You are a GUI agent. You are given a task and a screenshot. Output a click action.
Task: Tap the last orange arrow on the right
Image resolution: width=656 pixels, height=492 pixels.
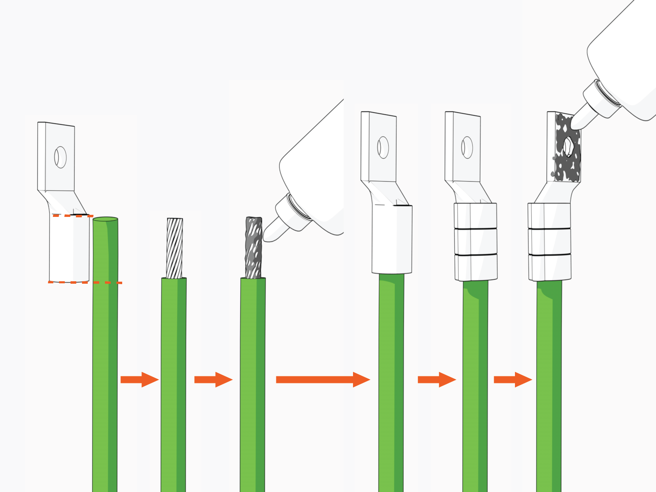click(512, 380)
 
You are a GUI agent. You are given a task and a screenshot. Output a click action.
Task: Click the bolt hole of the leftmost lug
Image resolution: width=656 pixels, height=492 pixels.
click(60, 157)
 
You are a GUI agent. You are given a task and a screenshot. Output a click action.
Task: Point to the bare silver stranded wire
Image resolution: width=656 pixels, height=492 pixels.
click(175, 248)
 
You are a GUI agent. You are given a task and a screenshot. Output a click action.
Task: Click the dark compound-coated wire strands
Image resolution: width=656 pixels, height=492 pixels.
click(253, 248)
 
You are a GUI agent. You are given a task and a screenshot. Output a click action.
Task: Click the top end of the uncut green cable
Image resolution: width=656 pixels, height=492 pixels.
click(105, 219)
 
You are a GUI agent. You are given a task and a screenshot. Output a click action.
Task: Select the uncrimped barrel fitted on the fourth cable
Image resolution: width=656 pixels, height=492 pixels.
click(392, 240)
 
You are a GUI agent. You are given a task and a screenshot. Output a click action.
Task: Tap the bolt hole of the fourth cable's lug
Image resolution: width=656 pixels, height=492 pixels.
click(383, 147)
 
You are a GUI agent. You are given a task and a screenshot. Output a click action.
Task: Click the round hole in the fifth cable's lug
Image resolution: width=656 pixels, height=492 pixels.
click(467, 147)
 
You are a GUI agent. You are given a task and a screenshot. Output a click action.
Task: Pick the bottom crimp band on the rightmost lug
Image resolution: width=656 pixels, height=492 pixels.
click(550, 267)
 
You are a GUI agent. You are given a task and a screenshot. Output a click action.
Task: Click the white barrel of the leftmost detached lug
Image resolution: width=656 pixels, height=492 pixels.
click(69, 248)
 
